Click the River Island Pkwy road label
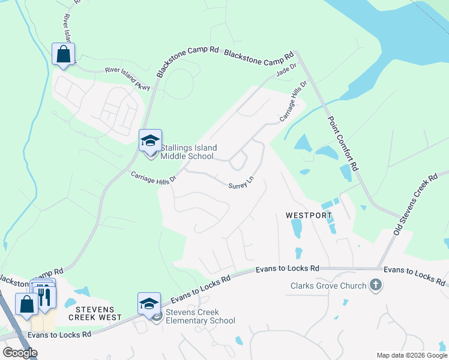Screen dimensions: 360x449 tap(127, 79)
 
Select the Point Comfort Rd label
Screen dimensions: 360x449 tap(343, 144)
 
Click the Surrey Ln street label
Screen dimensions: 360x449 tap(241, 182)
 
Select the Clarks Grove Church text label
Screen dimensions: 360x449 tap(328, 286)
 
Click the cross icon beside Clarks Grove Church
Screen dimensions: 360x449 tap(376, 285)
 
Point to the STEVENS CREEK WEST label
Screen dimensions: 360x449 tap(94, 317)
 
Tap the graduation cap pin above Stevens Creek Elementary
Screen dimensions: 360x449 tap(149, 304)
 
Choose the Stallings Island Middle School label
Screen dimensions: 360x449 tap(188, 152)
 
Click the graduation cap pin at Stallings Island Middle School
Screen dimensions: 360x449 tap(150, 141)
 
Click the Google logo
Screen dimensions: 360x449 tap(20, 353)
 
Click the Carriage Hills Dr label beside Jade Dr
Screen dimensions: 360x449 tap(292, 100)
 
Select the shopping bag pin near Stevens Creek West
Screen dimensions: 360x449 tap(27, 304)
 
